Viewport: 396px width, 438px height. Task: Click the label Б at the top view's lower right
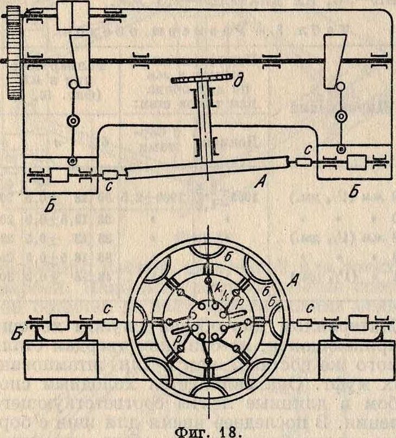coord(353,191)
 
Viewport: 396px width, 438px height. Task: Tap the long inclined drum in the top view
coord(207,168)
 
